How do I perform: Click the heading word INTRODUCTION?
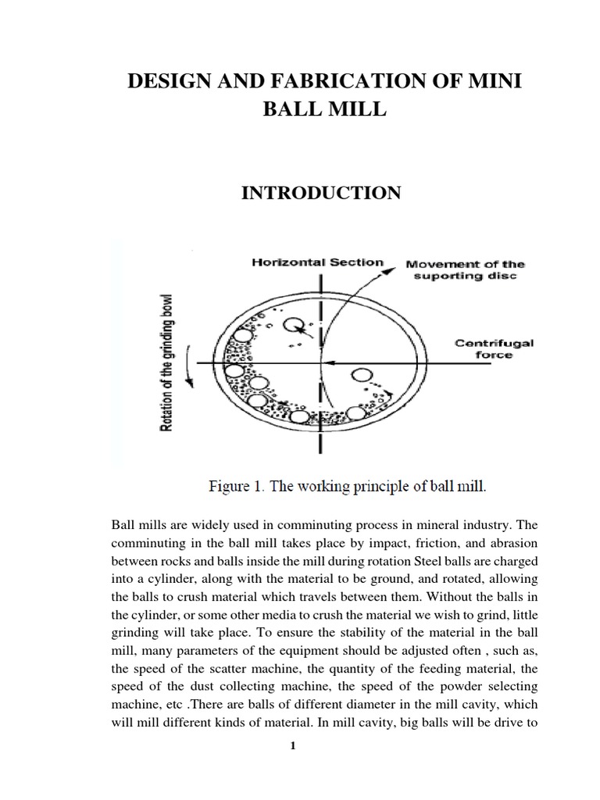tap(322, 193)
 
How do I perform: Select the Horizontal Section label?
tap(317, 262)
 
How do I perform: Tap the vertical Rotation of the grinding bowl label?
tap(166, 363)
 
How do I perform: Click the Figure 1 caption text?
tap(348, 485)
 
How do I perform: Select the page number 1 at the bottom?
tap(293, 746)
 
